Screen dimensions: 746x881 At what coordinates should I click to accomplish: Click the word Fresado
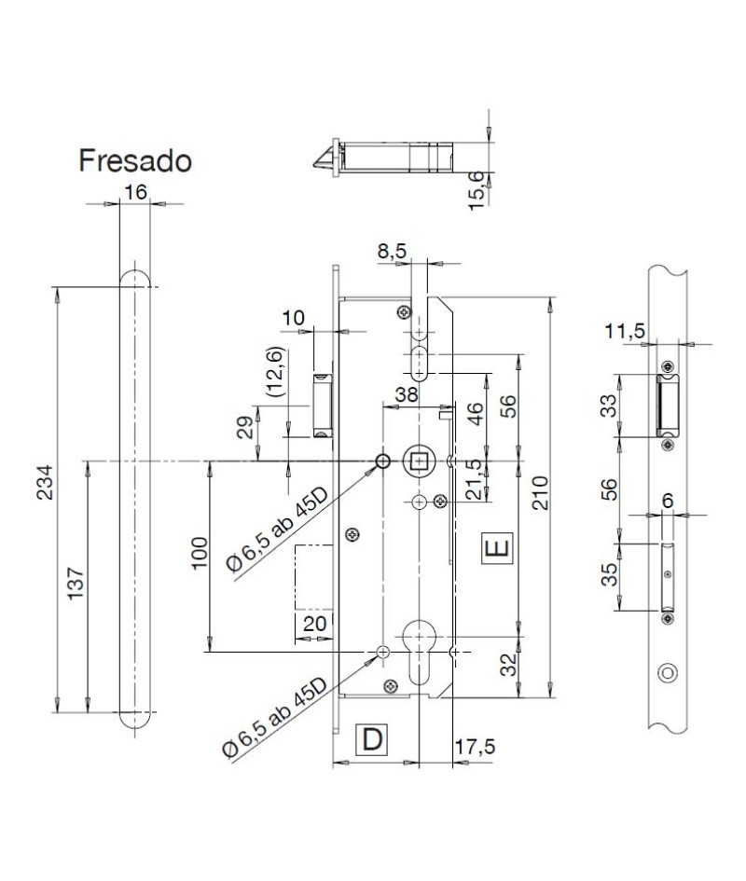coord(135,160)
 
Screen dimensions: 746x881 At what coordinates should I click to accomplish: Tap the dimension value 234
coord(45,483)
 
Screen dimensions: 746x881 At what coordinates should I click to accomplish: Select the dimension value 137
coord(76,585)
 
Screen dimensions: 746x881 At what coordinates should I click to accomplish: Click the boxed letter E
coord(498,547)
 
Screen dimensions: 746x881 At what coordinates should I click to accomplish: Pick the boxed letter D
coord(372,739)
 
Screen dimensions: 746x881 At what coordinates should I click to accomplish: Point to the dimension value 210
coord(540,493)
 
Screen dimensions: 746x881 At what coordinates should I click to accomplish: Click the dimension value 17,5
coord(475,747)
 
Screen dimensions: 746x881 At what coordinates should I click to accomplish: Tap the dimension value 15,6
coord(477,191)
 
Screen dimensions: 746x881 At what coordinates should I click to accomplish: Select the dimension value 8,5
coord(392,251)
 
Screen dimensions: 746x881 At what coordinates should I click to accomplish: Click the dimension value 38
coord(407,394)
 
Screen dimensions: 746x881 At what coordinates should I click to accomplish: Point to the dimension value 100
coord(200,554)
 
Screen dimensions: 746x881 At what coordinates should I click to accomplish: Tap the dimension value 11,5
coord(625,331)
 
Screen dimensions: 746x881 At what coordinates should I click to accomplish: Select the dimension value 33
coord(609,406)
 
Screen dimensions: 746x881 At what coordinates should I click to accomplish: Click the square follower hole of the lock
coord(418,461)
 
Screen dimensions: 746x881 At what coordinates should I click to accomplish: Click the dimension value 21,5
coord(475,479)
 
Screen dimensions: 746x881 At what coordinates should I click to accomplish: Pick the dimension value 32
coord(507,665)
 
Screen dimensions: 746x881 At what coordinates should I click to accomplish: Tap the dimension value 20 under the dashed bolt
coord(315,624)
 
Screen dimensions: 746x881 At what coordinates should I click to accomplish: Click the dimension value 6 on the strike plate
coord(668,501)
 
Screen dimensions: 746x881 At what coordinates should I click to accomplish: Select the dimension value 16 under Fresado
coord(135,192)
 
